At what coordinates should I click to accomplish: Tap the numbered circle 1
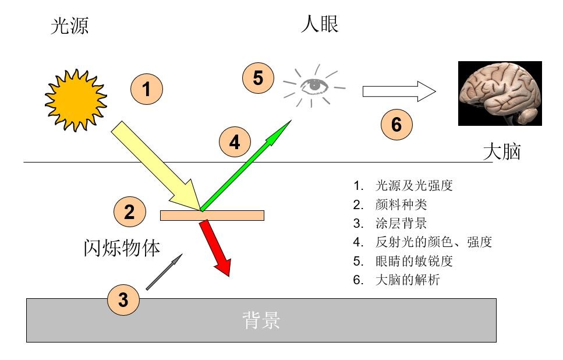[146, 90]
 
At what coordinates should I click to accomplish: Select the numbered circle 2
[130, 212]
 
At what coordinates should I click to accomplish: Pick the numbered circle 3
[123, 300]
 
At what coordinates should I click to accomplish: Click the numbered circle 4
[235, 142]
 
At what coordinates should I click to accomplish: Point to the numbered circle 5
[258, 78]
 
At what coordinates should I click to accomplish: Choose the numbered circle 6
[396, 125]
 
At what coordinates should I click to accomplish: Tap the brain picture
[500, 93]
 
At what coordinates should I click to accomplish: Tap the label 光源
[70, 26]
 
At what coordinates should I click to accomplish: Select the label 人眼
[320, 24]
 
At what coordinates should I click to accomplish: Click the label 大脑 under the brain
[502, 152]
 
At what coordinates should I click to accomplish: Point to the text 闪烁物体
[121, 248]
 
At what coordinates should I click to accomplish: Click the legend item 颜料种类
[402, 205]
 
